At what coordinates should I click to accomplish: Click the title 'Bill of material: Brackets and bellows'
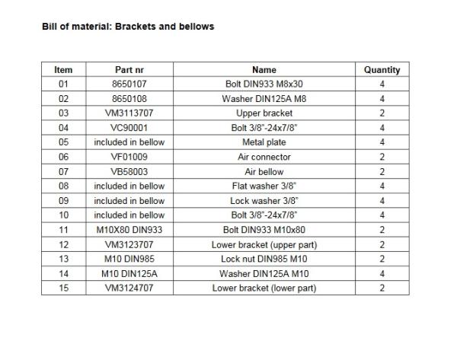point(128,27)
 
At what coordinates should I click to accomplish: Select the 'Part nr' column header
point(129,70)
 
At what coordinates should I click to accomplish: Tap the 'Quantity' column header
point(382,70)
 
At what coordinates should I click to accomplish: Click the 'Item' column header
point(63,70)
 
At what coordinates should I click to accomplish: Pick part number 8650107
point(129,84)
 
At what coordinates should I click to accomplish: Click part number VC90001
point(129,128)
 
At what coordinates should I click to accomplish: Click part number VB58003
point(129,172)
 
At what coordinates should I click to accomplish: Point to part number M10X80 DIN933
point(129,230)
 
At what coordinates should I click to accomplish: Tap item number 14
point(63,273)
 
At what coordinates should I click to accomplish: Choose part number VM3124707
point(129,288)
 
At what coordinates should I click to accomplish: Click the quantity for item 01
point(382,84)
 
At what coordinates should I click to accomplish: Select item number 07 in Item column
point(63,172)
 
